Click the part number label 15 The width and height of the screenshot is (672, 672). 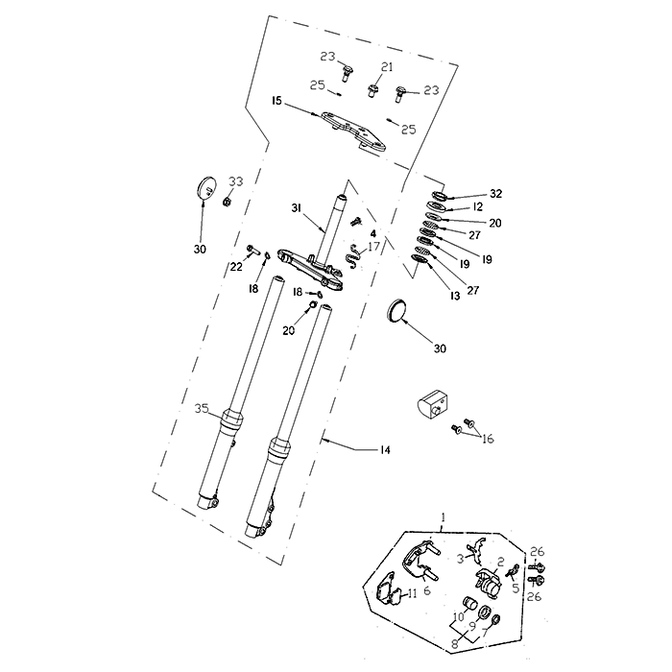tap(276, 101)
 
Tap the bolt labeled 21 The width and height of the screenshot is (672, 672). tap(372, 91)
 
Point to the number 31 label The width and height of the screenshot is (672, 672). tap(297, 208)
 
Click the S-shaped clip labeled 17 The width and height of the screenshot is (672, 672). tap(354, 256)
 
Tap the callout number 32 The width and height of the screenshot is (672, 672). tap(496, 194)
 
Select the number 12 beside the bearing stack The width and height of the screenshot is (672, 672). tap(477, 207)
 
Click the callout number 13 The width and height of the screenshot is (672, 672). tap(455, 296)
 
